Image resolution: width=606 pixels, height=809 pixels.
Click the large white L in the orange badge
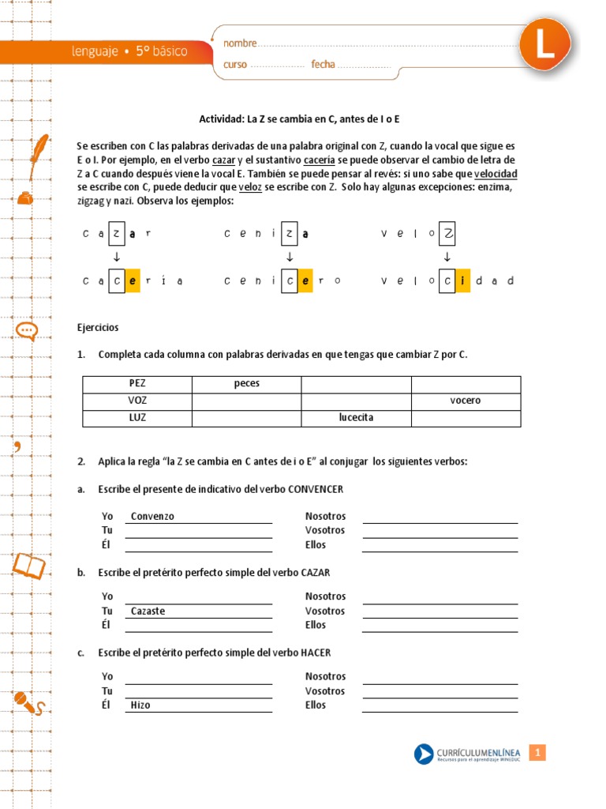(x=544, y=45)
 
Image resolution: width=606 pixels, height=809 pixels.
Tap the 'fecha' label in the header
(x=323, y=64)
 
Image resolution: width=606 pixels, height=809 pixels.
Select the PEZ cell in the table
(x=137, y=384)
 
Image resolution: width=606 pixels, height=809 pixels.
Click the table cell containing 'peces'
(x=246, y=384)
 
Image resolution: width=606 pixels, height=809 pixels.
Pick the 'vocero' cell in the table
(x=466, y=401)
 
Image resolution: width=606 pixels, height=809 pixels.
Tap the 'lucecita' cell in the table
(x=356, y=418)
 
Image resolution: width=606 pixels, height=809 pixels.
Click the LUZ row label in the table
(x=137, y=418)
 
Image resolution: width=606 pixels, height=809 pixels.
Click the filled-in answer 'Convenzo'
(x=152, y=517)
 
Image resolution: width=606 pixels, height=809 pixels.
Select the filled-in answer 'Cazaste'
(x=148, y=611)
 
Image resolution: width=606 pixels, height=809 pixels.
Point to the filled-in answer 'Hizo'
(x=140, y=706)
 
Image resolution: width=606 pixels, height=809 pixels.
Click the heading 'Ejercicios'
(x=98, y=327)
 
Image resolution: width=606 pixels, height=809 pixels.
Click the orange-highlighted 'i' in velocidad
(x=463, y=280)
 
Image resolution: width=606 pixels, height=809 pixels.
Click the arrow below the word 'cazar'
(x=117, y=258)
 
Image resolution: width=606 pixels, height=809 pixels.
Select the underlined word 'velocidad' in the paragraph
(x=496, y=174)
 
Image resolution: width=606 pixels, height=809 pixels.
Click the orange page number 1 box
(x=537, y=754)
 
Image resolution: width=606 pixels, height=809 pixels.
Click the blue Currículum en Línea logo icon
(x=424, y=754)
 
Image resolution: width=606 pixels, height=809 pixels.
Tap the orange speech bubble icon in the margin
(x=26, y=331)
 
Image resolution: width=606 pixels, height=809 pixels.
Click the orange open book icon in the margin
(x=28, y=565)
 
